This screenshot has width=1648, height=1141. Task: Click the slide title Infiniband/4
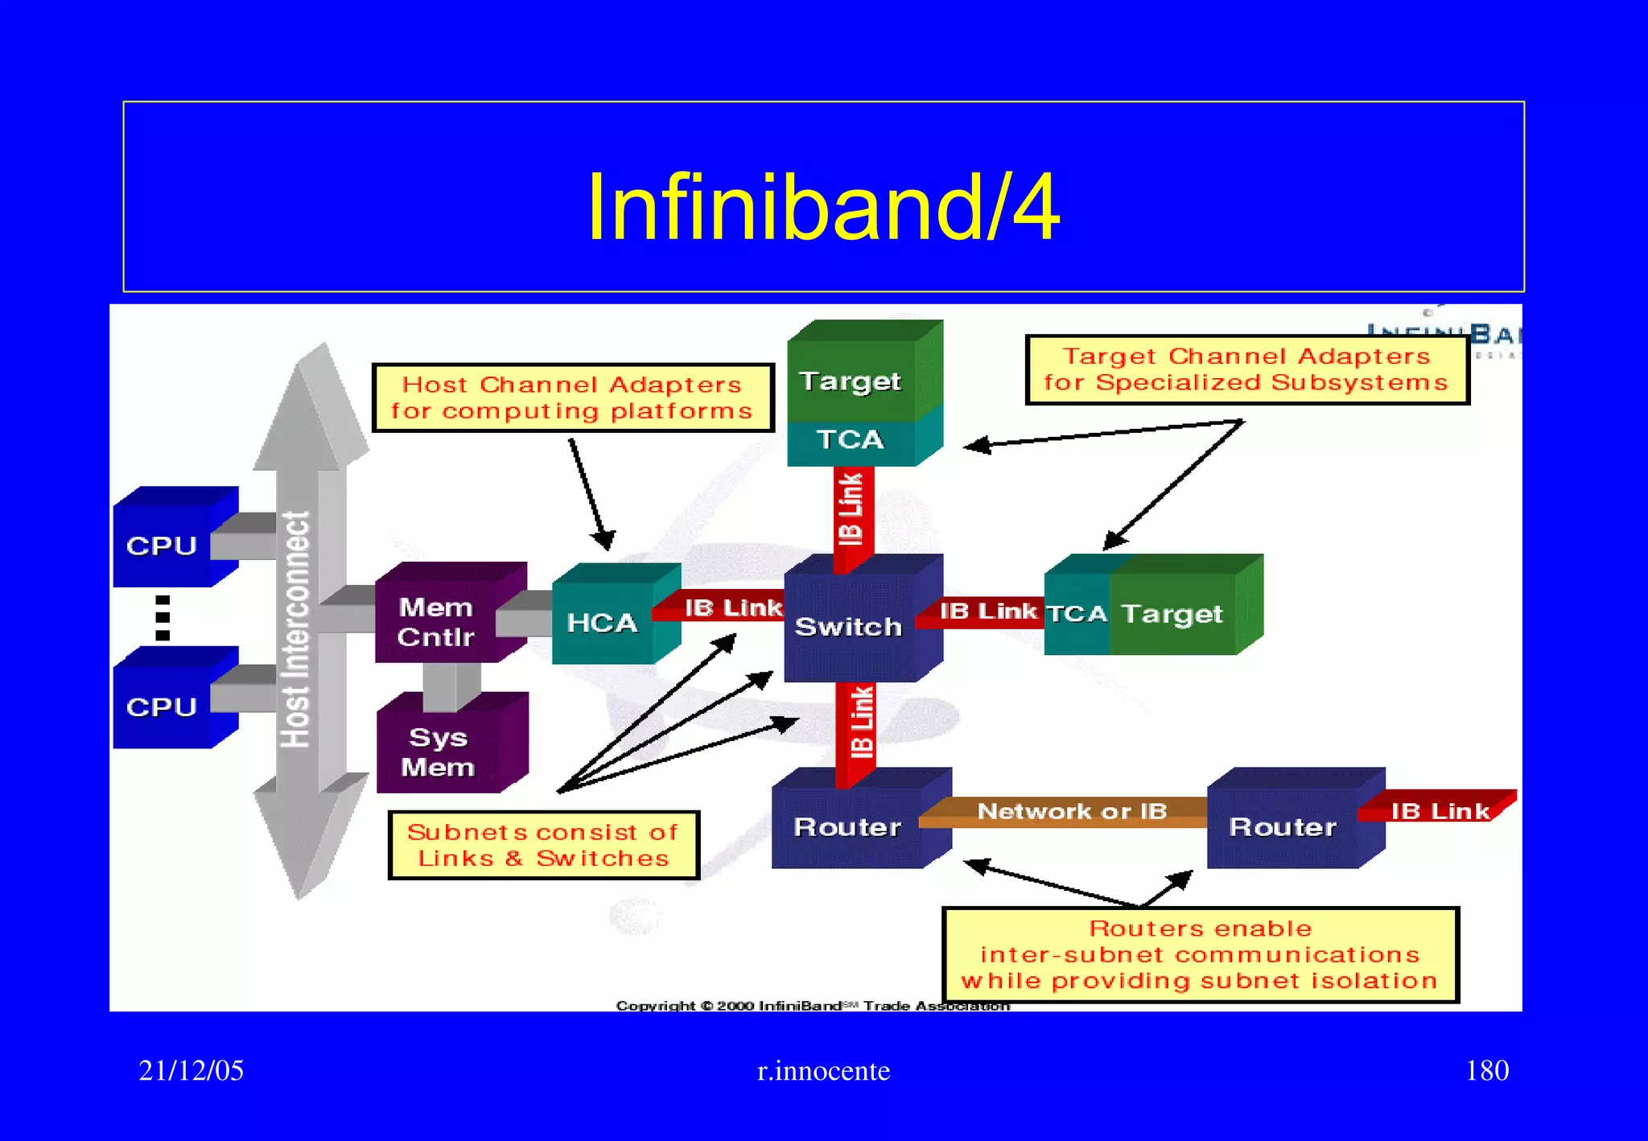point(822,208)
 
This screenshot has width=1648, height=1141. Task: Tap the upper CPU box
point(164,545)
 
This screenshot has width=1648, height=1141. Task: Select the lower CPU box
point(164,706)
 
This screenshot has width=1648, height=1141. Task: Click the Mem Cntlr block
point(438,621)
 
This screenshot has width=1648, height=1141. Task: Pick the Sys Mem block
point(439,752)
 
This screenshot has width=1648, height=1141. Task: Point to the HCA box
point(604,622)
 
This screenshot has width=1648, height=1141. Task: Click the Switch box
point(850,626)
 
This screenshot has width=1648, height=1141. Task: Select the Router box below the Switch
point(848,826)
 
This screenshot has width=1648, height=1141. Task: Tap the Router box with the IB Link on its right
point(1283,826)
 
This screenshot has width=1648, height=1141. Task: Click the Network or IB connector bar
point(1072,811)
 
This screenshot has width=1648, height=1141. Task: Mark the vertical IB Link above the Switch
point(852,510)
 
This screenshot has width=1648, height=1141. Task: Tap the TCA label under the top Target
point(851,439)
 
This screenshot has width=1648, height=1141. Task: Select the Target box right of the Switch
point(1173,614)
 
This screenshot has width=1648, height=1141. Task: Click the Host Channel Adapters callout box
point(572,397)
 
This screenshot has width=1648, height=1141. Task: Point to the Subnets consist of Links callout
point(543,845)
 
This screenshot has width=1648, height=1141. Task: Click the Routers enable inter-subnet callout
point(1200,954)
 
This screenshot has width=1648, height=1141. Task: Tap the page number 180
point(1486,1070)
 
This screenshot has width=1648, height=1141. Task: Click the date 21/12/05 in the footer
point(191,1070)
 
